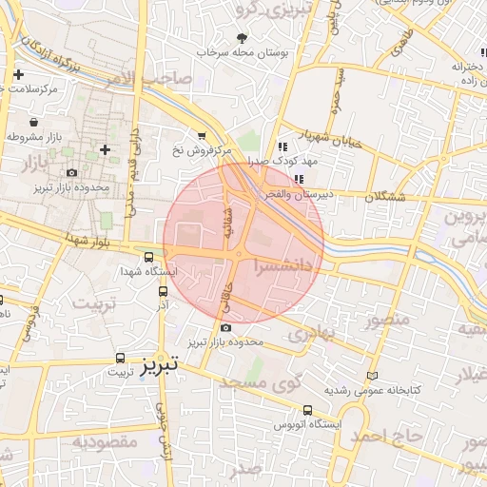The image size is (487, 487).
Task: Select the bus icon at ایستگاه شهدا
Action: tap(148, 256)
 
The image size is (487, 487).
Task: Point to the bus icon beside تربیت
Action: tap(120, 358)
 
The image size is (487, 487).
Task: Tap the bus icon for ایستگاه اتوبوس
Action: tap(306, 411)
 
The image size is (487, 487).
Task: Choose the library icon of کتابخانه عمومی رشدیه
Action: tap(371, 376)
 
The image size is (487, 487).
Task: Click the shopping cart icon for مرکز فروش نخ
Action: tap(201, 136)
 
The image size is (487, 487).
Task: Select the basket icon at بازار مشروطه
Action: tap(34, 123)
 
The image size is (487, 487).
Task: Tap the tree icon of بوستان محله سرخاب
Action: tap(242, 38)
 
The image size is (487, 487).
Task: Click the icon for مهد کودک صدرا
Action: tap(282, 146)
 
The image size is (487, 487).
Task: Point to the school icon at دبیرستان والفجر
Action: tap(299, 179)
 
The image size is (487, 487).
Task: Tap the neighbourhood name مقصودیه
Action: tap(106, 442)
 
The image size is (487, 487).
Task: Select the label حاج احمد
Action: tap(386, 435)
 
